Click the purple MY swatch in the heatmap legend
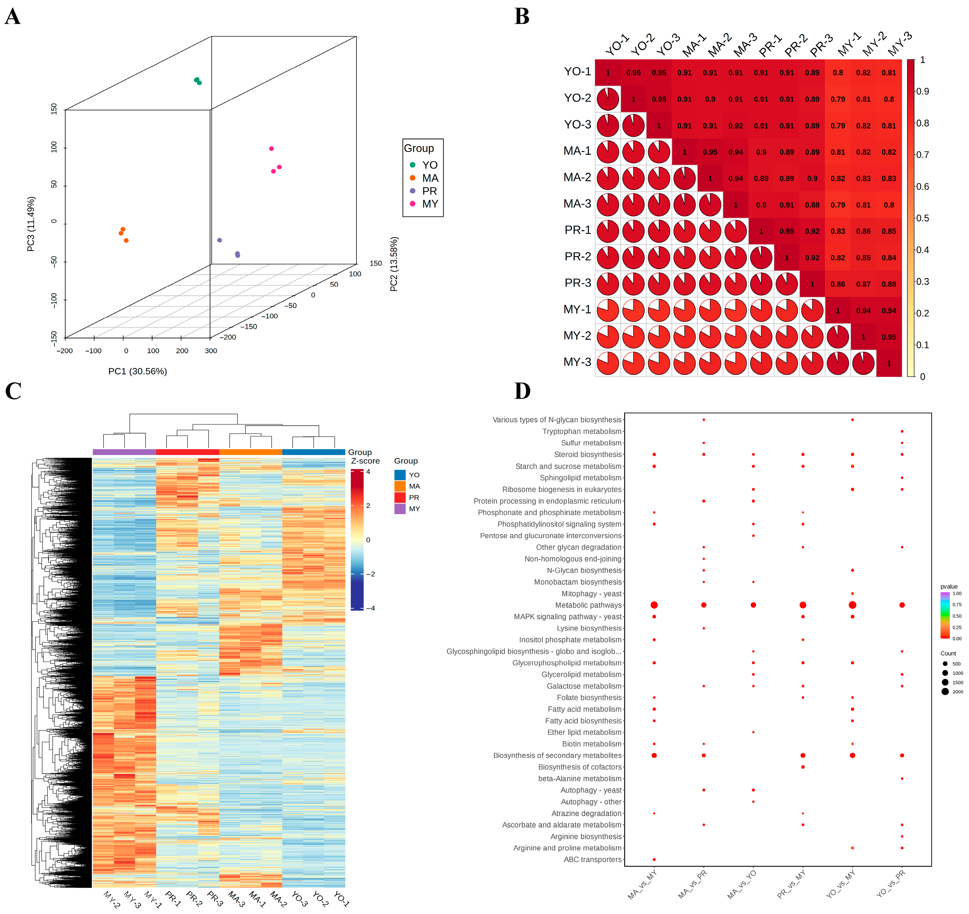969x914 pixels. [400, 508]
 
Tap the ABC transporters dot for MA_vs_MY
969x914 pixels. [654, 859]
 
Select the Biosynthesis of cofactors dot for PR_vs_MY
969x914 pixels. [803, 767]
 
